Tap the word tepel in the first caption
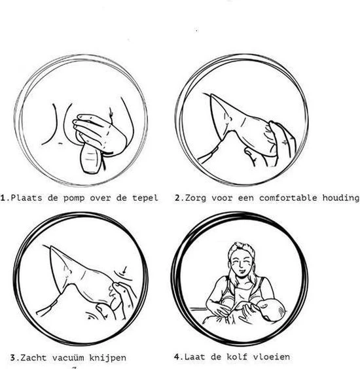tap(145, 197)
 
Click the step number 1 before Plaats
tap(3, 197)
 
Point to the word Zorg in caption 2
tap(197, 197)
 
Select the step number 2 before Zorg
tap(178, 197)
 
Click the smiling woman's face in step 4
tap(240, 261)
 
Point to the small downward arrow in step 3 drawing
tap(125, 267)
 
